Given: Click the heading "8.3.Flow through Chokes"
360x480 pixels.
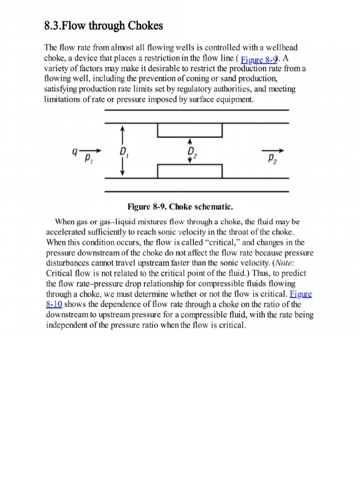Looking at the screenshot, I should point(104,26).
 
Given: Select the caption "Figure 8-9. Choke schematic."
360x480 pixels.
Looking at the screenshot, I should point(180,207).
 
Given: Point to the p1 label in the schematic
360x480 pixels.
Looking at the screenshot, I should point(89,158).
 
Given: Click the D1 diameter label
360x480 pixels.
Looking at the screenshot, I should point(124,152).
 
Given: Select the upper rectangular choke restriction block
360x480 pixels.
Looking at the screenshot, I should point(189,130).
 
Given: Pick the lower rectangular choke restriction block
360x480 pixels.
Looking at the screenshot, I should point(189,172).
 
